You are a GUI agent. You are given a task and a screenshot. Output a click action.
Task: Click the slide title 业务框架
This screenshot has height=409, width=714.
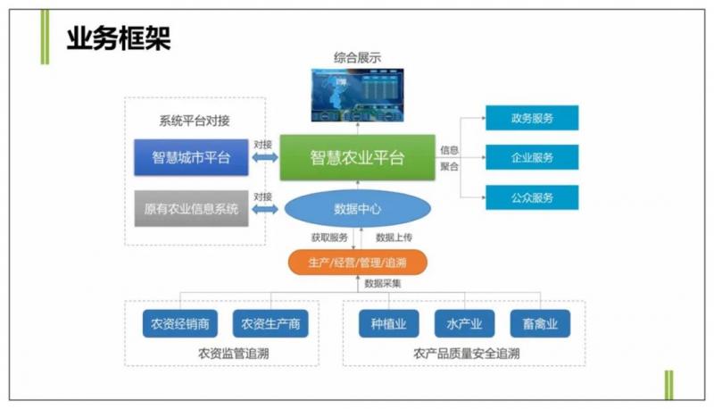[118, 38]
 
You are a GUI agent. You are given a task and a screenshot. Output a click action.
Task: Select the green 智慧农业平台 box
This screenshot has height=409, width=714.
[357, 157]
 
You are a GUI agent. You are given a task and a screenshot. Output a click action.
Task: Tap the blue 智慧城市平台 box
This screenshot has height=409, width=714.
[191, 157]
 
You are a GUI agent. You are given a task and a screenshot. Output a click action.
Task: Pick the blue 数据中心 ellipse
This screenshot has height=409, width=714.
[357, 209]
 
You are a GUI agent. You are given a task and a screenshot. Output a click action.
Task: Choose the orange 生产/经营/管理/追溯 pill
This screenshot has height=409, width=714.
[357, 263]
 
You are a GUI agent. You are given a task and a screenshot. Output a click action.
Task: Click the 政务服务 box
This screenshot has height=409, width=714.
[532, 118]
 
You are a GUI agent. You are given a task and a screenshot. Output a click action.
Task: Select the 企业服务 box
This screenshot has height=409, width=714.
[532, 157]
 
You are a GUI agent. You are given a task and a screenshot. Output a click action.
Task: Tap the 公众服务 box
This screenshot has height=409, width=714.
[532, 196]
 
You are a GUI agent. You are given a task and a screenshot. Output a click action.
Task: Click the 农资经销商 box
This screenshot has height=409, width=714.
[181, 324]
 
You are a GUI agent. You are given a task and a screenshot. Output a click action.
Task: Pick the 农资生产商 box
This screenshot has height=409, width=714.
[270, 324]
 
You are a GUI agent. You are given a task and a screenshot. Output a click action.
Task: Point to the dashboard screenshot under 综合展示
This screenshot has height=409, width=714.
[357, 95]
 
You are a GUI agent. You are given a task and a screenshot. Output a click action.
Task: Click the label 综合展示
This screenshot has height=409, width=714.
[357, 58]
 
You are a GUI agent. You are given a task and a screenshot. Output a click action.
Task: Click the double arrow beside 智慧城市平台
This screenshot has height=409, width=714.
[264, 158]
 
